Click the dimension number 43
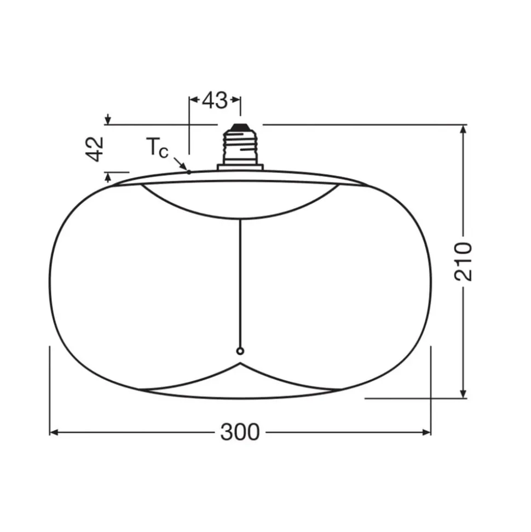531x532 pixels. [215, 100]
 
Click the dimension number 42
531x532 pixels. [95, 149]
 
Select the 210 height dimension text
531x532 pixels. [463, 261]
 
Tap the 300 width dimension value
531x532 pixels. [240, 432]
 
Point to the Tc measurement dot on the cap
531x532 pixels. [189, 173]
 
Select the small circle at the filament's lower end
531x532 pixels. [240, 351]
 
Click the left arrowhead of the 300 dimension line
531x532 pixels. [54, 432]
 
